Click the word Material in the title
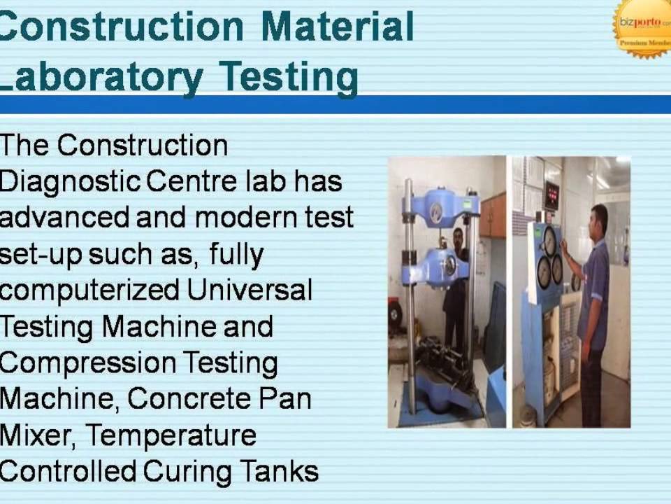tap(338, 27)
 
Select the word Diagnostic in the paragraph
tap(69, 182)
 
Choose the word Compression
tap(87, 363)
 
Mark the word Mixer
tap(38, 435)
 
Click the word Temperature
tap(172, 435)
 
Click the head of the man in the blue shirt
tap(599, 217)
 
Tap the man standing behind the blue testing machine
tap(458, 280)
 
